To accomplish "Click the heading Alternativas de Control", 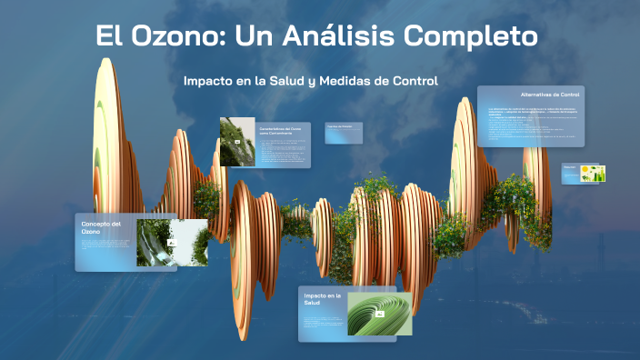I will [x=550, y=95].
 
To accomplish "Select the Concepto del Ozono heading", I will [x=102, y=227].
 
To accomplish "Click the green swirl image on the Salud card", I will [x=380, y=314].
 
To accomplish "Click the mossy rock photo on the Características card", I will [x=237, y=141].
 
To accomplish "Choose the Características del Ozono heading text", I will [x=282, y=132].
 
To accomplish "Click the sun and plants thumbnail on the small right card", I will [x=594, y=173].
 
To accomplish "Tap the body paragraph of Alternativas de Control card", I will [x=532, y=123].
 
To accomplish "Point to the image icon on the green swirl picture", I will [x=380, y=314].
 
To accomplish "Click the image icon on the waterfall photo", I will [x=170, y=244].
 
